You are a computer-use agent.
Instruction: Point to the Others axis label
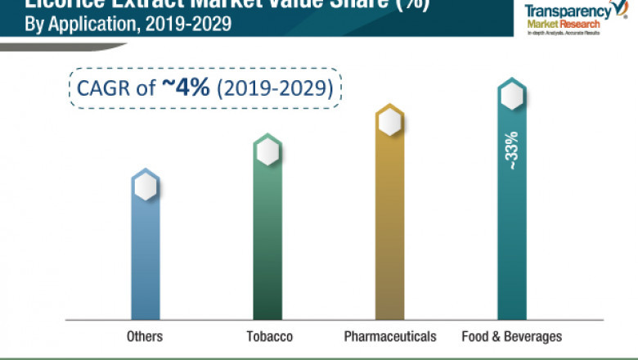(145, 336)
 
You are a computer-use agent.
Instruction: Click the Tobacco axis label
(269, 336)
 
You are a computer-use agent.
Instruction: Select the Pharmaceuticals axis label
(390, 336)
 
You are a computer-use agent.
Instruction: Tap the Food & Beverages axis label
(512, 336)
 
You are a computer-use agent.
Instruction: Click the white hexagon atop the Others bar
(146, 187)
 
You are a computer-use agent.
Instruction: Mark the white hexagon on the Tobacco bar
(267, 151)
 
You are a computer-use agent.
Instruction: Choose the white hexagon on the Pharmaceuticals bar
(389, 123)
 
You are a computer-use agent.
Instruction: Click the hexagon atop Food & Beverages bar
(512, 97)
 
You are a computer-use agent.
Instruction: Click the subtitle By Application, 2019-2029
(122, 24)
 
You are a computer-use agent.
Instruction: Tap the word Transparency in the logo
(564, 11)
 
